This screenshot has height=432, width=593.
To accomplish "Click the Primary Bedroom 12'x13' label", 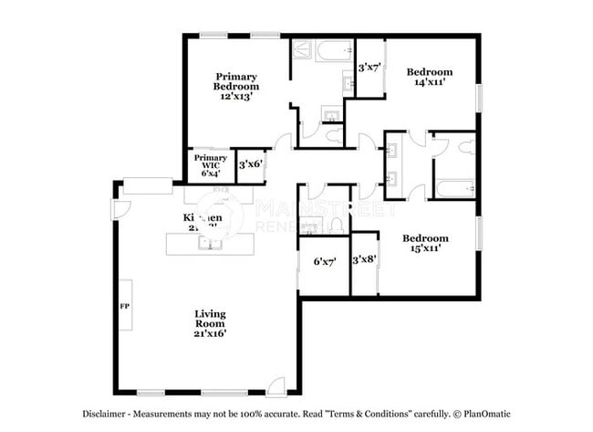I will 236,86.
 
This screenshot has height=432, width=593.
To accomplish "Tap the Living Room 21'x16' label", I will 210,323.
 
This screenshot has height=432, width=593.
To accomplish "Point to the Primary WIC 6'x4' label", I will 210,165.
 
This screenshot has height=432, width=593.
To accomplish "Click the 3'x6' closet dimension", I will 250,165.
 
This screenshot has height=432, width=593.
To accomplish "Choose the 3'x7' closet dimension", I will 369,68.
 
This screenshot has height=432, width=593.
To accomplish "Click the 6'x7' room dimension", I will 324,262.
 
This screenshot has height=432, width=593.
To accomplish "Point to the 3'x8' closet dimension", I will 365,259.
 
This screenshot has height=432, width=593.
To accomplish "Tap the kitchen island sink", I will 212,244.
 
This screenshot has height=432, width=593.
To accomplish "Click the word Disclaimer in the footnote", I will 108,413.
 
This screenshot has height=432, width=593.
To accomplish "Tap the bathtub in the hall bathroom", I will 453,188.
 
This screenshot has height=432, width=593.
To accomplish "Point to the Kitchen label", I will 203,218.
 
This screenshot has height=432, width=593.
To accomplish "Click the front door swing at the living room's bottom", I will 276,385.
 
